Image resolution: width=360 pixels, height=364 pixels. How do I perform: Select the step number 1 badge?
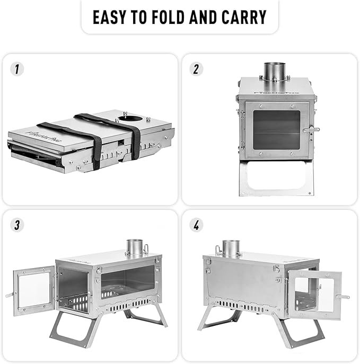(18, 69)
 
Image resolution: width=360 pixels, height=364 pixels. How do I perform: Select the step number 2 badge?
(197, 69)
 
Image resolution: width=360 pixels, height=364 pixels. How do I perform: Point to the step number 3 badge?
(18, 225)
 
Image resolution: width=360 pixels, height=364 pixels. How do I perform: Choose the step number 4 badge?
(197, 225)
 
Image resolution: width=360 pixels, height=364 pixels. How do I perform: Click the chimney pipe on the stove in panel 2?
(274, 72)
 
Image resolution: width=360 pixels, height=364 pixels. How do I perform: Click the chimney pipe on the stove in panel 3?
(135, 247)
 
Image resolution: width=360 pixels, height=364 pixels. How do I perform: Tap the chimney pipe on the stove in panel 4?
(231, 248)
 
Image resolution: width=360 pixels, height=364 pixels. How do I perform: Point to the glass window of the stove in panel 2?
(277, 130)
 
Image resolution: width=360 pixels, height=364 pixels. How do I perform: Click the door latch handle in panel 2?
(311, 129)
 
